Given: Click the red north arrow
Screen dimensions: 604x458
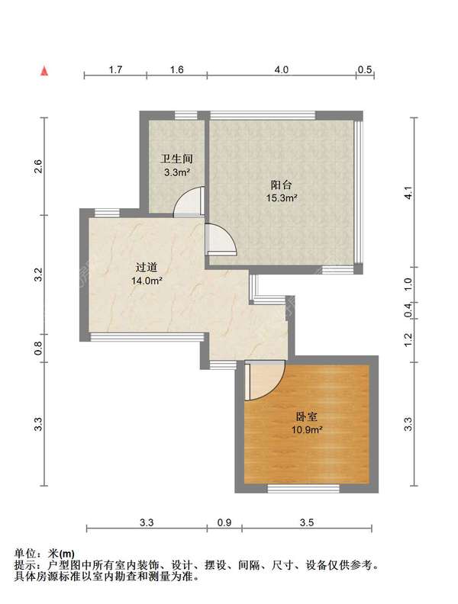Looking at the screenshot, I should pos(46,71).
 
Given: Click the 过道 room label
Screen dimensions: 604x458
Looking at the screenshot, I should pos(147,268).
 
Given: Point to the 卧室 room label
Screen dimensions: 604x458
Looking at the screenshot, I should pos(308,417).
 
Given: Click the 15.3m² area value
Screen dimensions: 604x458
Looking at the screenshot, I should pos(282,198).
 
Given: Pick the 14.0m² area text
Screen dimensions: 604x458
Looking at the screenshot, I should pos(147,281).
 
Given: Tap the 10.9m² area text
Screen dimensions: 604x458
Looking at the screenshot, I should pos(308,430).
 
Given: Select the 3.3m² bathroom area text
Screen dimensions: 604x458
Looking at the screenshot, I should pos(176,172).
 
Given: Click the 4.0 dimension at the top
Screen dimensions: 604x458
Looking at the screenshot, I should pos(281,70).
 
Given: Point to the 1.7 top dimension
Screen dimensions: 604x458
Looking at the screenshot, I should pos(115,70).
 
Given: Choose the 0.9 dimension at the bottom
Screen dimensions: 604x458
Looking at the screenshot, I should pos(225,522).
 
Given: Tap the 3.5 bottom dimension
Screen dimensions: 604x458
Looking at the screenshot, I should pos(307,522).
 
